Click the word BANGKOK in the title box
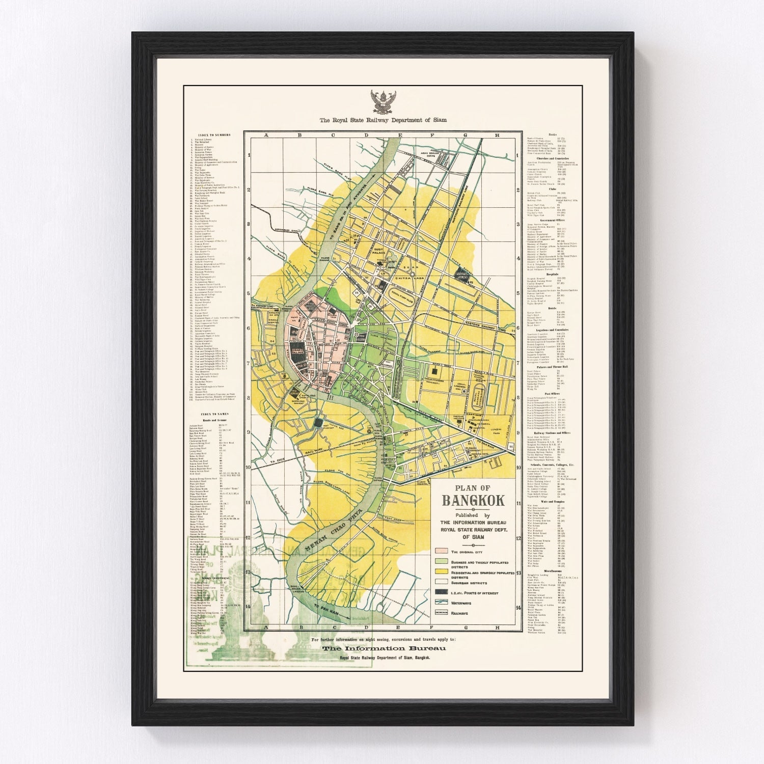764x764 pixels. coord(473,500)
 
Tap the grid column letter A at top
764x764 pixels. coord(265,135)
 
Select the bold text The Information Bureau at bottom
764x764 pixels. coord(385,648)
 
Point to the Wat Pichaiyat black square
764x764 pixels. coord(319,422)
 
